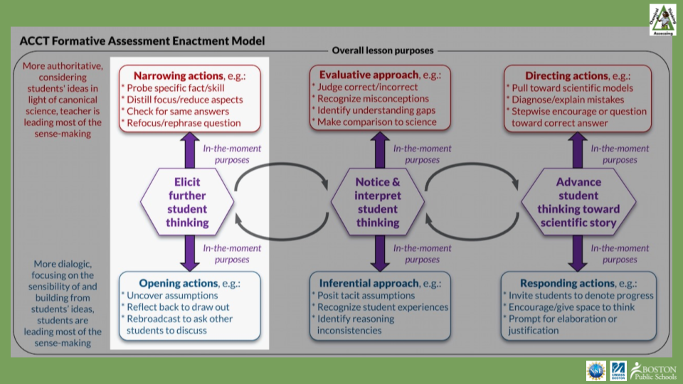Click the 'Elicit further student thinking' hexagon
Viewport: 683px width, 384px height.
187,203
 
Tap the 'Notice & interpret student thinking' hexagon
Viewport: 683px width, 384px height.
378,203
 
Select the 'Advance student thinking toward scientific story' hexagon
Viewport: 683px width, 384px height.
578,203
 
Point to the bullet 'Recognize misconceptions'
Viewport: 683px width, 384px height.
373,99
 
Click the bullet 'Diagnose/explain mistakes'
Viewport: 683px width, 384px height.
566,100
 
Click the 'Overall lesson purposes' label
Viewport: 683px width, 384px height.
382,50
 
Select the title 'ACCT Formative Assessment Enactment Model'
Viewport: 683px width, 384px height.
142,41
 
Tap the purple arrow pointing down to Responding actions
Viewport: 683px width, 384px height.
578,252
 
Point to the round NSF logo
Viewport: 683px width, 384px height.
595,370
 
